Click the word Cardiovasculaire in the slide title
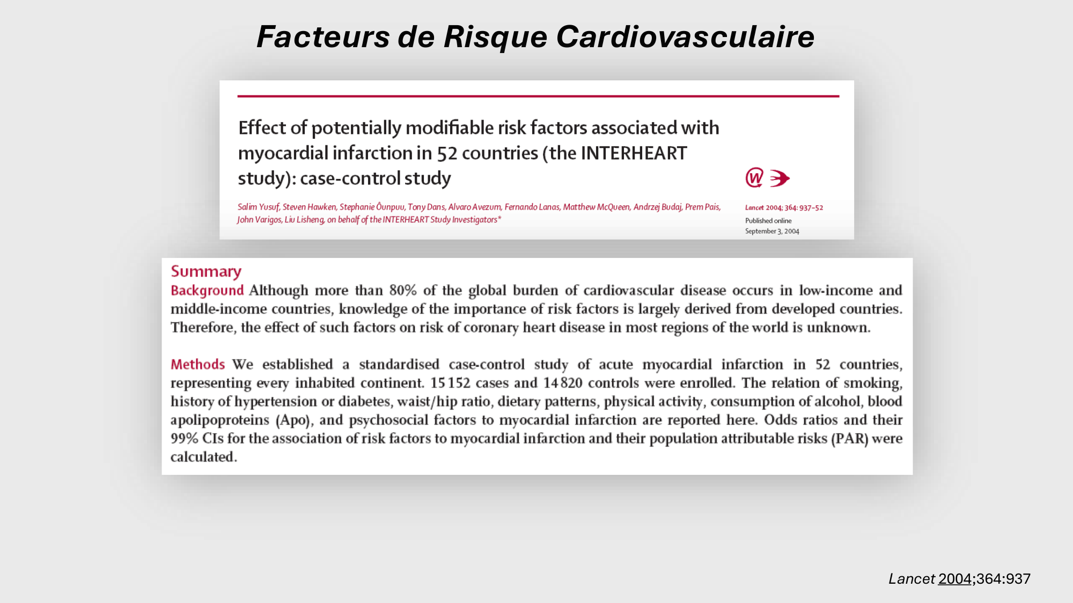coord(685,37)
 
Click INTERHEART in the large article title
coord(634,153)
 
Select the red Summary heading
coord(206,272)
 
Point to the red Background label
coord(207,291)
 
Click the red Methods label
coord(197,364)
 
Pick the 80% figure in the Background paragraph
coord(403,291)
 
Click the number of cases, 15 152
coord(450,383)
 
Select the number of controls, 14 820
coord(562,383)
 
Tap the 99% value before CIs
coord(185,438)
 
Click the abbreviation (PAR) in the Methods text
coord(849,438)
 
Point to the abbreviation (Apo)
coord(293,420)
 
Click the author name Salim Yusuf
coord(258,207)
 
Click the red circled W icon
coord(754,177)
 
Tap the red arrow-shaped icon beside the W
coord(780,178)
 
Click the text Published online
coord(768,221)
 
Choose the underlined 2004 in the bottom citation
coord(954,579)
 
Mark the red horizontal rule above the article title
coord(538,96)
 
